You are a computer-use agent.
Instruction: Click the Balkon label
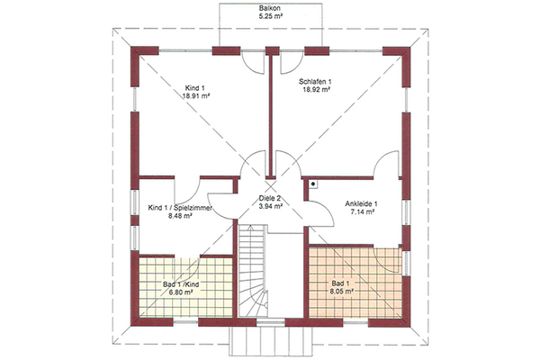(x=270, y=8)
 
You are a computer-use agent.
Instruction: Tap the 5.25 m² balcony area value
(x=271, y=16)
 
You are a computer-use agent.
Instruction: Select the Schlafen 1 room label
(x=315, y=82)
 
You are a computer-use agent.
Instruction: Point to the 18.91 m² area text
(x=196, y=96)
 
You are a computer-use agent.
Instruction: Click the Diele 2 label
(x=270, y=198)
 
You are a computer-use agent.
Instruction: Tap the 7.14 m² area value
(x=363, y=212)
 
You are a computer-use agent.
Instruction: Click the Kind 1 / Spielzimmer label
(x=180, y=208)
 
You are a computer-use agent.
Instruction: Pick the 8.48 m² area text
(x=180, y=216)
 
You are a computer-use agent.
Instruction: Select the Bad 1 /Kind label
(x=181, y=284)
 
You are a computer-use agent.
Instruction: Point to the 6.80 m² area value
(x=180, y=292)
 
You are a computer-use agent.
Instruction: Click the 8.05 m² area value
(x=343, y=291)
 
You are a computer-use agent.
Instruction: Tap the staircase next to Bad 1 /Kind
(x=252, y=270)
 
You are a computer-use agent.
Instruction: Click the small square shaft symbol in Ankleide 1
(x=313, y=184)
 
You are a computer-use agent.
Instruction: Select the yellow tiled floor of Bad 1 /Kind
(x=186, y=287)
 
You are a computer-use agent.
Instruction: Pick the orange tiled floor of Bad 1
(x=355, y=283)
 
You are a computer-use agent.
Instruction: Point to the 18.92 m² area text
(x=317, y=89)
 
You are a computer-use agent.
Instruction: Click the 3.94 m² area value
(x=271, y=206)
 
